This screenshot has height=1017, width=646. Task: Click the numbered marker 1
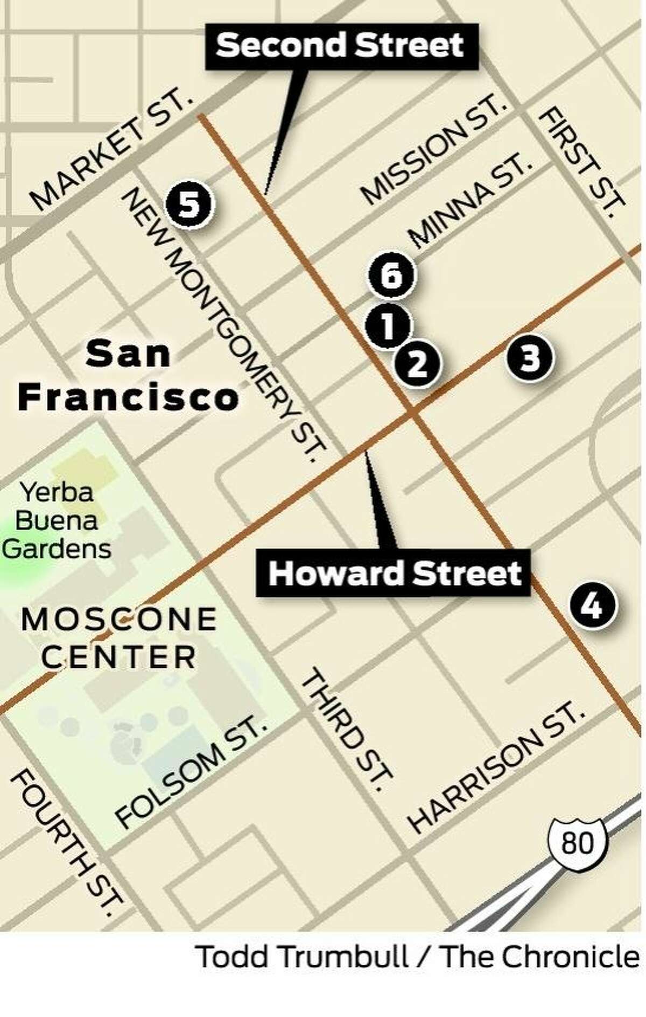pos(388,326)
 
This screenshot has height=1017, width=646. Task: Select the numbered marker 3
pos(530,357)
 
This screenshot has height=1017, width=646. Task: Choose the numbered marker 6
pos(391,276)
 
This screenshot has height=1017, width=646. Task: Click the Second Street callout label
pos(340,45)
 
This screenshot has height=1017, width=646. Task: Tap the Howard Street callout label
pos(395,573)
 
